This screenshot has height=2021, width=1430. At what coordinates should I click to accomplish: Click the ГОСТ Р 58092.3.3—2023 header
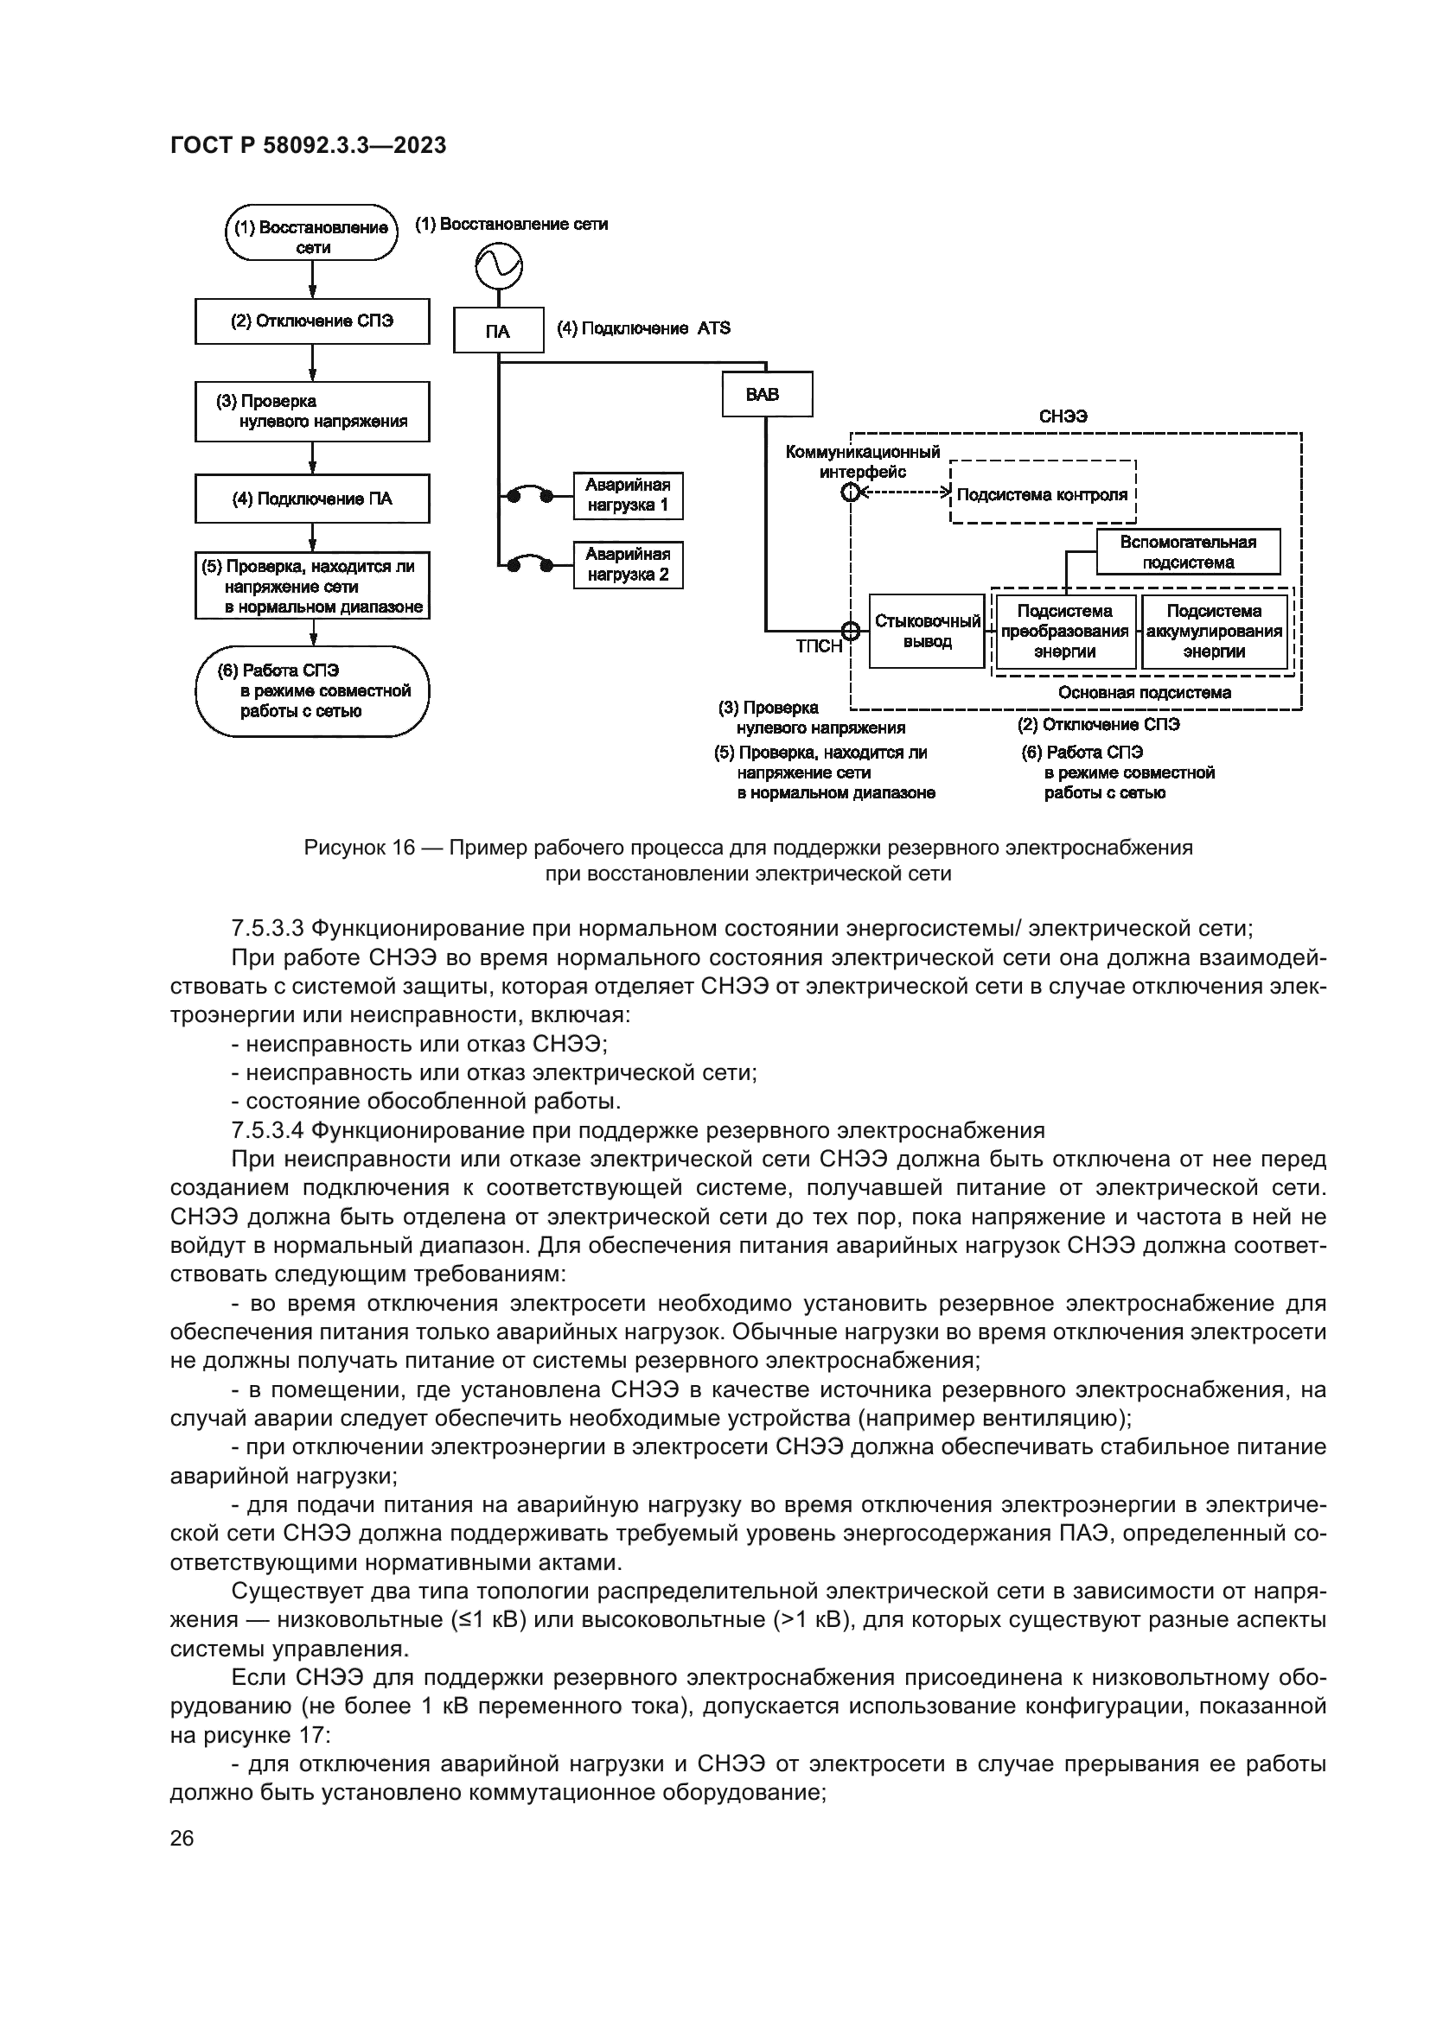308,145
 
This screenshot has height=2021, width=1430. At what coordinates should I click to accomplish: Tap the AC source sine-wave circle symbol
498,264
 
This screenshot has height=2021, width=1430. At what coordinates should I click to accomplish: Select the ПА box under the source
498,331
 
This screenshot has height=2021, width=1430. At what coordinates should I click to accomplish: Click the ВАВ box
766,394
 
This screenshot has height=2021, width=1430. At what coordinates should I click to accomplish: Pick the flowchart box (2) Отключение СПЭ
312,321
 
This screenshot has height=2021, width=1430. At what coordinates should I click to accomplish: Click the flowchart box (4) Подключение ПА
312,499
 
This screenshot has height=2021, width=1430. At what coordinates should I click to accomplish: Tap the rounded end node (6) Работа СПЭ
312,691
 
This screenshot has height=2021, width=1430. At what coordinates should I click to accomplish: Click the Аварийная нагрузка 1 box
628,496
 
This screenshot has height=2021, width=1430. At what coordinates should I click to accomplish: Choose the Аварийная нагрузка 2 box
628,565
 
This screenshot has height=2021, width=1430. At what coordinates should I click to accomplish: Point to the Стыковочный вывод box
926,631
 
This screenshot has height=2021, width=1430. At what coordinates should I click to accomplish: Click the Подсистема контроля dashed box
1043,494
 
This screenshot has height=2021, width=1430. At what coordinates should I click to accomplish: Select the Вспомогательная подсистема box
1188,552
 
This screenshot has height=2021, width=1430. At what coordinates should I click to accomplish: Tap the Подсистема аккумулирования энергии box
1214,631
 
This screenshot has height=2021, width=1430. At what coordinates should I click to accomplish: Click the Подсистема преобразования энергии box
1064,631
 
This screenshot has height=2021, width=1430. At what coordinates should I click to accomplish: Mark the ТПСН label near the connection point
818,647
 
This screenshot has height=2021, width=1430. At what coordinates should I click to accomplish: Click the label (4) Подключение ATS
644,328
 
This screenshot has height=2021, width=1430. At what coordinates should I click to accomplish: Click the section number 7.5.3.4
267,1130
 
